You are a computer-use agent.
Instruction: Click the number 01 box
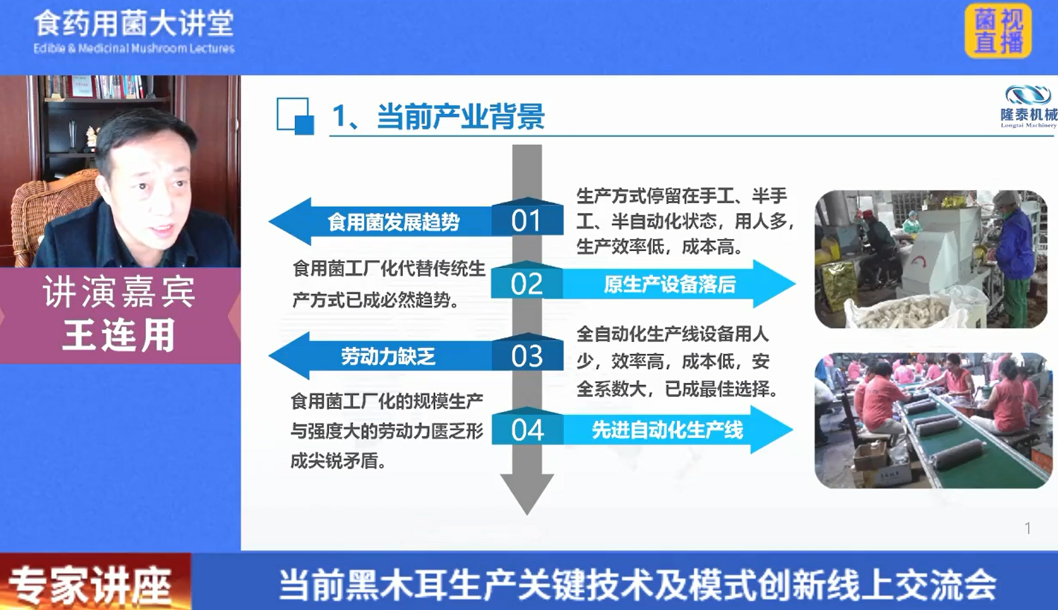pos(527,217)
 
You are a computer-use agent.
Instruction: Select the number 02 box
pos(527,280)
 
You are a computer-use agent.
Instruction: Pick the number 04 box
pos(527,426)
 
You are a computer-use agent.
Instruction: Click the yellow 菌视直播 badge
pos(998,31)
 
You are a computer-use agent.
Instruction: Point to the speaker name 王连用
pos(118,335)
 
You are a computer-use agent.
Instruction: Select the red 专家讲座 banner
pos(95,582)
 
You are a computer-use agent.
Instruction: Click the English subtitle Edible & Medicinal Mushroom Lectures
pos(134,48)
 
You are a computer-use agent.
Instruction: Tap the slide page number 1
pos(1027,528)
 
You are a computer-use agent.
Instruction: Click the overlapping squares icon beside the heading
pos(295,116)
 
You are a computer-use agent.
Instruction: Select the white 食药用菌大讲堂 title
pos(134,24)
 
